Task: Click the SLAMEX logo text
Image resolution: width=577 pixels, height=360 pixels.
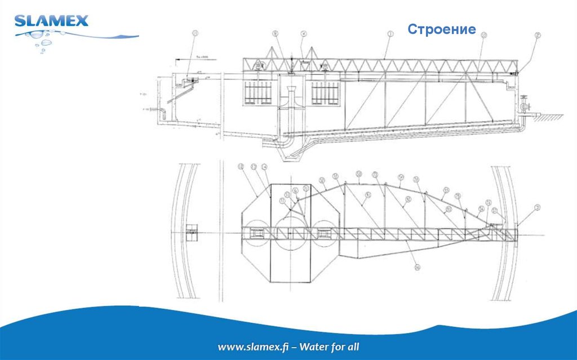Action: point(51,21)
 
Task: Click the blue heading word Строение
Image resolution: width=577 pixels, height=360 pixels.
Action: point(442,29)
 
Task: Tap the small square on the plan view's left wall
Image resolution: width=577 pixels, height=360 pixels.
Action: point(192,231)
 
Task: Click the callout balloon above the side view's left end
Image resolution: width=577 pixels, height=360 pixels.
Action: point(196,34)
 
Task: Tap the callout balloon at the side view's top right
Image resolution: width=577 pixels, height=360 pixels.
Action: point(538,35)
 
